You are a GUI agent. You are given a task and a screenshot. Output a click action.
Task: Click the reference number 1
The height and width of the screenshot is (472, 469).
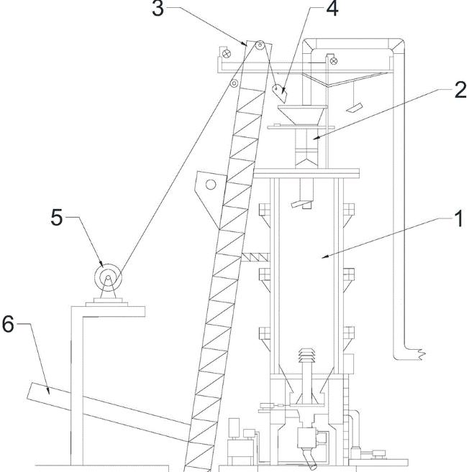457,218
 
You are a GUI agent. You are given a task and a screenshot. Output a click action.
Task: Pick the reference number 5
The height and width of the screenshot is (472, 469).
57,218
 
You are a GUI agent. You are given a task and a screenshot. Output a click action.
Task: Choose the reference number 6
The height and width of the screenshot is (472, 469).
8,325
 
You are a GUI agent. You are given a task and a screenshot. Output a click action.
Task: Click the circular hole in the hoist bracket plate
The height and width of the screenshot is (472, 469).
211,185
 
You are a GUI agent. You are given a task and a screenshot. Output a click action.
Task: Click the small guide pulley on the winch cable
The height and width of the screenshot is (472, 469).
234,84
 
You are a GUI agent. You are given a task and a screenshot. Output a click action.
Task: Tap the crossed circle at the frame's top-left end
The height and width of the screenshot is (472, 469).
225,52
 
